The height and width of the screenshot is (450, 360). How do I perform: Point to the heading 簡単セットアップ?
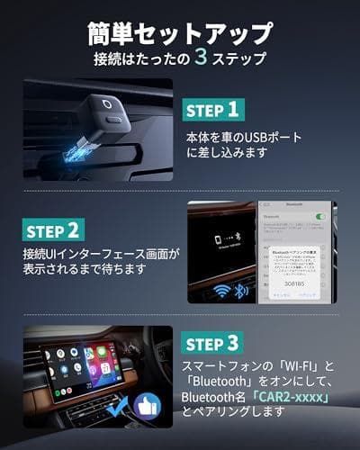click(x=180, y=34)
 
